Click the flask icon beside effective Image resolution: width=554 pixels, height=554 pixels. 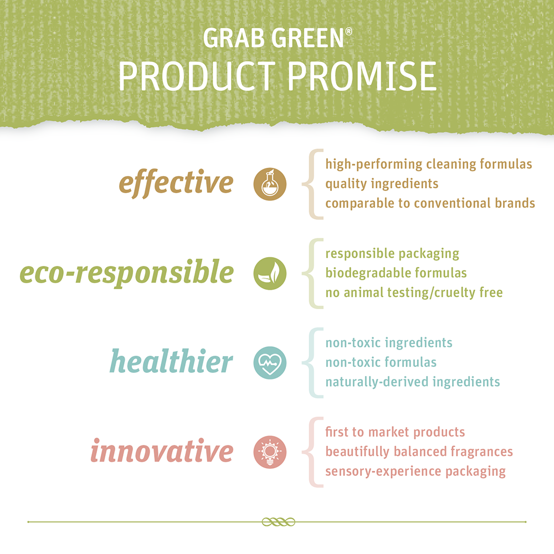[x=270, y=184]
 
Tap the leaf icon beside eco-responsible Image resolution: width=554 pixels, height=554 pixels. [x=270, y=274]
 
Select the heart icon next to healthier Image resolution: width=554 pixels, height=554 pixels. [x=270, y=363]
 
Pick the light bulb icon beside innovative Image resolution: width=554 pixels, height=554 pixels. [x=270, y=452]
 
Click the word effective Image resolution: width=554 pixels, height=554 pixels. [x=176, y=183]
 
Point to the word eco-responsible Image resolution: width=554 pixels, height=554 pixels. [x=126, y=273]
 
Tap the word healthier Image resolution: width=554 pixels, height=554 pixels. [x=171, y=361]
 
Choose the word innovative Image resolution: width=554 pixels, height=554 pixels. [x=162, y=450]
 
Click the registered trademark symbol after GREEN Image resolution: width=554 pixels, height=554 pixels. [x=348, y=32]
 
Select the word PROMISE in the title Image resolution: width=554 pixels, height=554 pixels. [x=362, y=76]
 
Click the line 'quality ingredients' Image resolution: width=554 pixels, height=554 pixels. [x=382, y=184]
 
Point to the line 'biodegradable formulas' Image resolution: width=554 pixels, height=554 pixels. [x=396, y=273]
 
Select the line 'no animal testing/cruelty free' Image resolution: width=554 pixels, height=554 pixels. [x=414, y=293]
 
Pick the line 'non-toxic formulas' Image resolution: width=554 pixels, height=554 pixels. [x=381, y=362]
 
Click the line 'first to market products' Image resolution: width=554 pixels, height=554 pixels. [x=395, y=432]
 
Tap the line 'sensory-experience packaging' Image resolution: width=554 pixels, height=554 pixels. [x=416, y=471]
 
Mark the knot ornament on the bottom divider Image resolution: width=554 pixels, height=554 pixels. [x=279, y=522]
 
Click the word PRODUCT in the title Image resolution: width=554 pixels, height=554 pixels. [x=197, y=76]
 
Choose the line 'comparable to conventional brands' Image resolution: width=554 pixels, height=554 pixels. [x=430, y=203]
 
